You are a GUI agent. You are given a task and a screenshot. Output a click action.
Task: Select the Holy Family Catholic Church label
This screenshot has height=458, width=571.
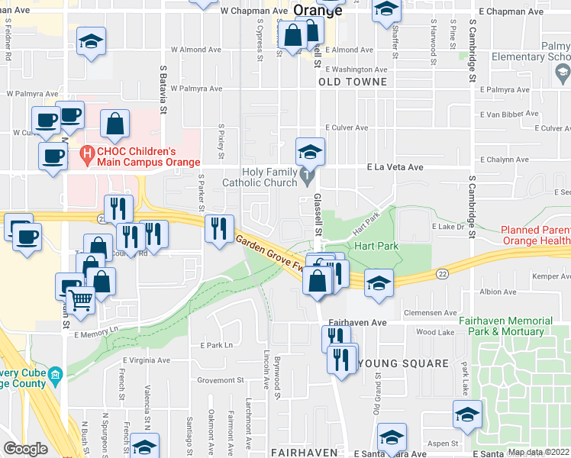[x=260, y=177]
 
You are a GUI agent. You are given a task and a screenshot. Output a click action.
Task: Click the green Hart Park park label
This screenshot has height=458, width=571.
[x=373, y=247]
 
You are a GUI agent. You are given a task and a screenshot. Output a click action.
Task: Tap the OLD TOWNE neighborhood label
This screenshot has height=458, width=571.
[x=353, y=81]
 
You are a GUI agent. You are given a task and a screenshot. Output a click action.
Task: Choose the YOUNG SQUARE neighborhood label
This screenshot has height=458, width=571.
[x=403, y=363]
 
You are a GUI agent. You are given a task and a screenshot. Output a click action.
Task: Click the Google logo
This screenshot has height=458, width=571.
[x=25, y=449]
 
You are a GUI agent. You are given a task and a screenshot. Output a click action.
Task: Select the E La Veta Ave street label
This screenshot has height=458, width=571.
[x=395, y=166]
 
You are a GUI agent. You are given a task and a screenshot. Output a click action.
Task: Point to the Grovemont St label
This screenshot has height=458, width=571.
[x=220, y=380]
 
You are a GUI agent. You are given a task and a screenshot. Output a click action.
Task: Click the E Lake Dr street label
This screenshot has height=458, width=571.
[x=448, y=227]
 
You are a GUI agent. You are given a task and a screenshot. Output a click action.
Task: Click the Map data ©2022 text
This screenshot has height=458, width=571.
[x=539, y=452]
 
